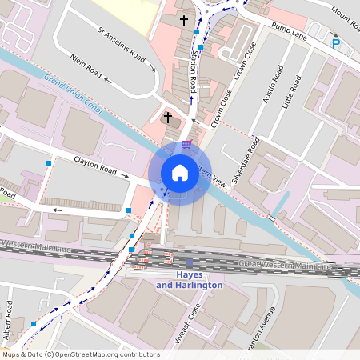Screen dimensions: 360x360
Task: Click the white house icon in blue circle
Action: (x=179, y=173)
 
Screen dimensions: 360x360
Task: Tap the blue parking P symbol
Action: (x=336, y=44)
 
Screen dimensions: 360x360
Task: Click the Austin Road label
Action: (x=270, y=98)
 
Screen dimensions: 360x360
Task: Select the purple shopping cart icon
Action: (x=187, y=144)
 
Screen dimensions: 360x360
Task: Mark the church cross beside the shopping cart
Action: (x=168, y=118)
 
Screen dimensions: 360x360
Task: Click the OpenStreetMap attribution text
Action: (x=81, y=354)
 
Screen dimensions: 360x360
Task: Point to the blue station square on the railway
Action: (x=189, y=262)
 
